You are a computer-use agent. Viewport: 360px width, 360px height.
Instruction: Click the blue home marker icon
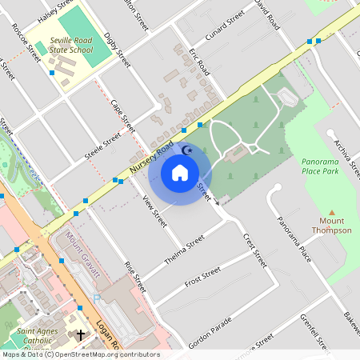[x=180, y=172]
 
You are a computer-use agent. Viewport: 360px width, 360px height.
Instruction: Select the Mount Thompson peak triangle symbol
[x=331, y=213]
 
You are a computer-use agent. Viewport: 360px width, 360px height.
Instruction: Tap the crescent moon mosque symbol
[x=189, y=150]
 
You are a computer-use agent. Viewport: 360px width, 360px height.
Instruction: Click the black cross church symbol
[x=81, y=336]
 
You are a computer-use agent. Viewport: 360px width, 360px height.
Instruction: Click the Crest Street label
[x=254, y=250]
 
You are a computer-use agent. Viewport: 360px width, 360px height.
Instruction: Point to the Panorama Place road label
[x=294, y=240]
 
